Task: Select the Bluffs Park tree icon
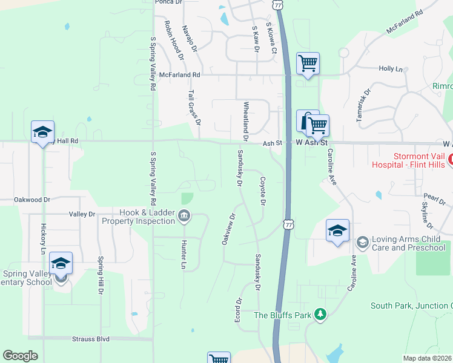[321, 315]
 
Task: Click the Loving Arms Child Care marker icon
[363, 243]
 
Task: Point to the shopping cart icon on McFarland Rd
[308, 63]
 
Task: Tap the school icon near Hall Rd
[42, 132]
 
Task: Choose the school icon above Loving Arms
[337, 231]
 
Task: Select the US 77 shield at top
[277, 4]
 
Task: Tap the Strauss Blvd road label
[87, 339]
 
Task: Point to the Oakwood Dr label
[31, 199]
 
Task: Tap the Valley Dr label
[82, 214]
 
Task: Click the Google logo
[20, 356]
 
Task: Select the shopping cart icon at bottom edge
[219, 359]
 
